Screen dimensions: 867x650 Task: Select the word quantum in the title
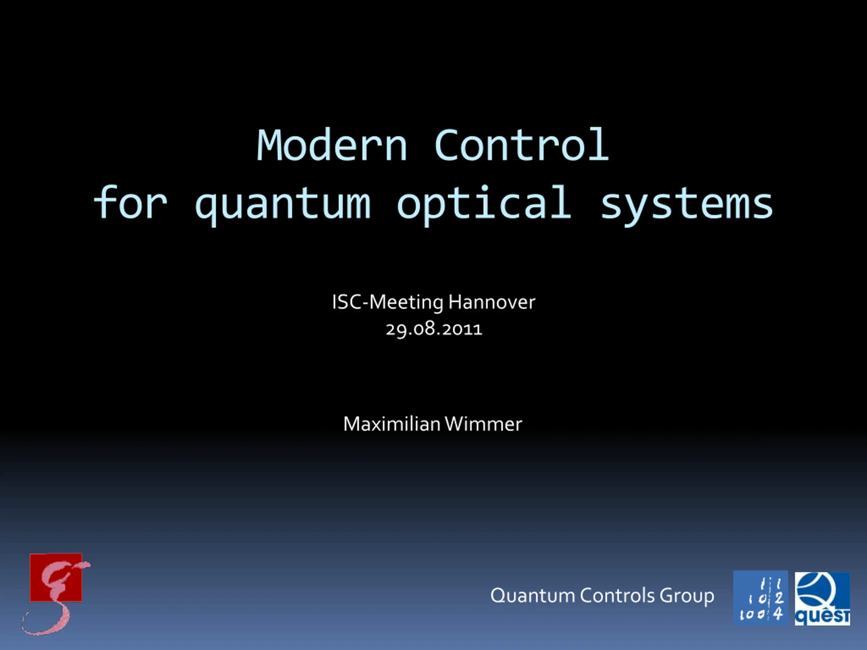click(x=282, y=204)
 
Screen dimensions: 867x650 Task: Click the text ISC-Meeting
click(x=388, y=302)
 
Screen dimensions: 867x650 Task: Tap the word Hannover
click(x=492, y=302)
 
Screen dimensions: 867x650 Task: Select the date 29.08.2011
click(x=433, y=329)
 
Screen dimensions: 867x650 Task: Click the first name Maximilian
click(x=392, y=424)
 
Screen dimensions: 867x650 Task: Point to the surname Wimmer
click(x=484, y=424)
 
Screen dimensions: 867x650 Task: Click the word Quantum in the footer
click(x=533, y=595)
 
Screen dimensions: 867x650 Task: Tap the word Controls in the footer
click(x=617, y=595)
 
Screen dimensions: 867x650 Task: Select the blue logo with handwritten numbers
click(x=760, y=598)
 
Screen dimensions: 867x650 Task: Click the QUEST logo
click(x=822, y=599)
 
